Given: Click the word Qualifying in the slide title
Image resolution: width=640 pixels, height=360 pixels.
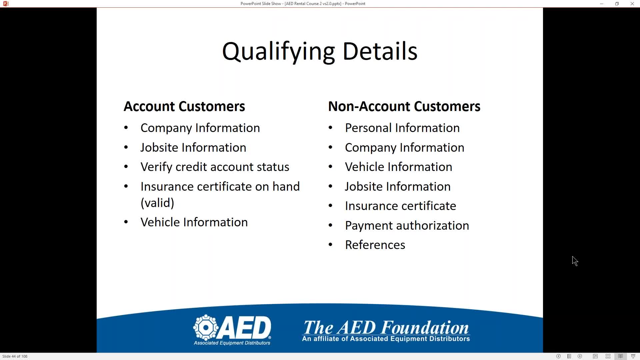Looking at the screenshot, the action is coord(278,52).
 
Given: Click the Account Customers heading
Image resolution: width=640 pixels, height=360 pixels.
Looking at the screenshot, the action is coord(184,106).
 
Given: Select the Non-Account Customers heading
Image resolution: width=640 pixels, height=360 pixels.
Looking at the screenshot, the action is coord(404,106).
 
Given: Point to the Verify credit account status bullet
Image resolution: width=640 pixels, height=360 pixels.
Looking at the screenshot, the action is coord(215,167).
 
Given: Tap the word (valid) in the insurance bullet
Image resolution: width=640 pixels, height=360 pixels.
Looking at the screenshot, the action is coord(157,203).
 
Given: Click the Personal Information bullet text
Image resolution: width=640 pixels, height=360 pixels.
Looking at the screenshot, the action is coord(402,128).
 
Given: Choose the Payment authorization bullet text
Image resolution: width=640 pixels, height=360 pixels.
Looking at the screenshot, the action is coord(407,226).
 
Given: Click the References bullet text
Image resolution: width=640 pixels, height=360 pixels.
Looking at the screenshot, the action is coord(375,245).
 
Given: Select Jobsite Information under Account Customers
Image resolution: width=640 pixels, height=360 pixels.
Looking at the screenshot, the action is coord(193,147).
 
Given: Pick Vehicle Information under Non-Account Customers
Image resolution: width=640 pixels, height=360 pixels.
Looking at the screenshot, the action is coord(398,167).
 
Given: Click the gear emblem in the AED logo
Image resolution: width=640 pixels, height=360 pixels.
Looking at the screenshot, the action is coord(206,327).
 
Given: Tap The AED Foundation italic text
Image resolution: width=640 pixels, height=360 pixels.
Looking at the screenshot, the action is coord(386,327).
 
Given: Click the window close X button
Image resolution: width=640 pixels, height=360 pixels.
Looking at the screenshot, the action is coord(632,4).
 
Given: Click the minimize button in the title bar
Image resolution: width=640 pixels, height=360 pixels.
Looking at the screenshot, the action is coord(601,4).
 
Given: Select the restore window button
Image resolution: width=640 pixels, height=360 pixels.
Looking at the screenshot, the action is coord(617,4).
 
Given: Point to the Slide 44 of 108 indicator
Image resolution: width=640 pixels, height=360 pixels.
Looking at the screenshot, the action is coord(15,356).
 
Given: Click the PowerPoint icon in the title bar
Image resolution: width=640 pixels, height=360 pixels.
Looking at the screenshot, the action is coord(5,4).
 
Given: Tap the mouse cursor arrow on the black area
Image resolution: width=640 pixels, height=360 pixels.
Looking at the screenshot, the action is coord(575,261).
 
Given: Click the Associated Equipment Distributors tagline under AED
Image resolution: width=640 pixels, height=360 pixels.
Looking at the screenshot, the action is coord(232,343).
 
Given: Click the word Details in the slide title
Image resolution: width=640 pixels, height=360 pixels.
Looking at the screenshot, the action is coord(380,51).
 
